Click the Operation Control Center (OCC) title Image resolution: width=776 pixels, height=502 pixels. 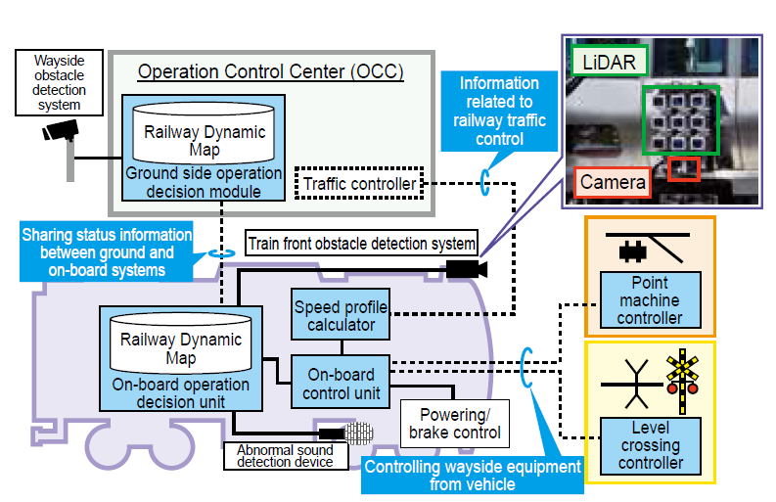pyautogui.click(x=270, y=71)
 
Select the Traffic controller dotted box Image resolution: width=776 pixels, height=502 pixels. pyautogui.click(x=359, y=183)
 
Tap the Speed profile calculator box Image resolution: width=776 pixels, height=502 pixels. pyautogui.click(x=341, y=315)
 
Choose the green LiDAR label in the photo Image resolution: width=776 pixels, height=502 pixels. pyautogui.click(x=610, y=62)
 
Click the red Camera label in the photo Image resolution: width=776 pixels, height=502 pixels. pyautogui.click(x=613, y=182)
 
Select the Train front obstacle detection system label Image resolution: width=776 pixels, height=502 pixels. pyautogui.click(x=361, y=243)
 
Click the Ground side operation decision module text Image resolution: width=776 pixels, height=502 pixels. pyautogui.click(x=204, y=183)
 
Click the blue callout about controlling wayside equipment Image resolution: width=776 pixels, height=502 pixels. pyautogui.click(x=473, y=476)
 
